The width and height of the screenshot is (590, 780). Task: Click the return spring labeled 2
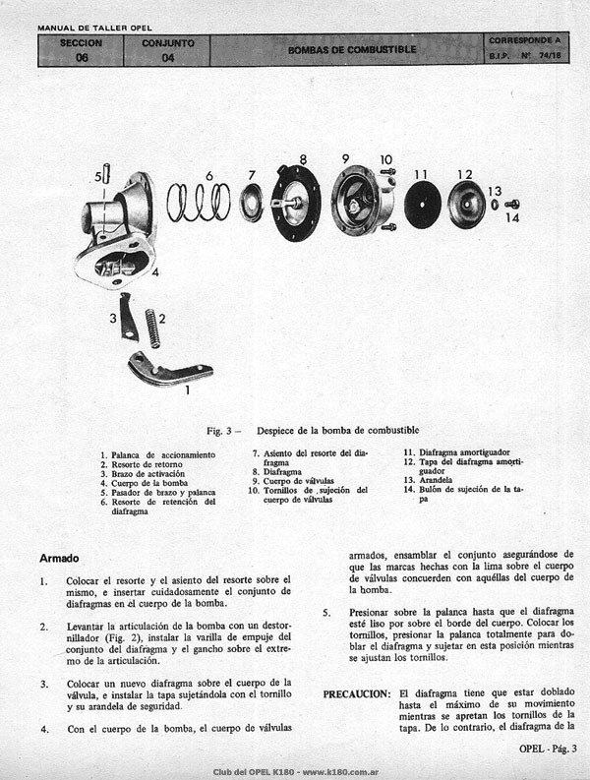point(152,329)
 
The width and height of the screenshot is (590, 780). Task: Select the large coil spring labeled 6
point(199,202)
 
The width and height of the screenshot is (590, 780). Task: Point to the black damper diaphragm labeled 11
point(423,205)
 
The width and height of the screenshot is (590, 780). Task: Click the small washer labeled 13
point(495,204)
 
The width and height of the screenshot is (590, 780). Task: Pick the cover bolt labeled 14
point(512,204)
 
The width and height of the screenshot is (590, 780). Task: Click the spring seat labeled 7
point(251,203)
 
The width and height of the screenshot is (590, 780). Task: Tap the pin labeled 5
point(106,174)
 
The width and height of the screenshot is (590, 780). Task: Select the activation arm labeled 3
point(129,318)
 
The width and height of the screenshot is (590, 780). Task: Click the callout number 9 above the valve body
point(345,158)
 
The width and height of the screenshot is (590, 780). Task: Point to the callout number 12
point(465,175)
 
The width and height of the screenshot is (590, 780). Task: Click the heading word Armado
point(59,559)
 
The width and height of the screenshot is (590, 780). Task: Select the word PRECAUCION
point(357,694)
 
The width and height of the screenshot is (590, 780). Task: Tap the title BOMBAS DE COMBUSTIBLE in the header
point(352,50)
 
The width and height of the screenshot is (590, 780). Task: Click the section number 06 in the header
point(82,58)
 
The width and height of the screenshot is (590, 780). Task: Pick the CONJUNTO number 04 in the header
point(167,58)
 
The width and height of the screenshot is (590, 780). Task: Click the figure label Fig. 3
point(219,431)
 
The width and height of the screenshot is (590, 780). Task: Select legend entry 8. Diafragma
point(276,471)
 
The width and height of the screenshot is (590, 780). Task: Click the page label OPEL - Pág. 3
point(548,749)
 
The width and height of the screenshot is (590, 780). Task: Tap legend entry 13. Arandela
point(428,480)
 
